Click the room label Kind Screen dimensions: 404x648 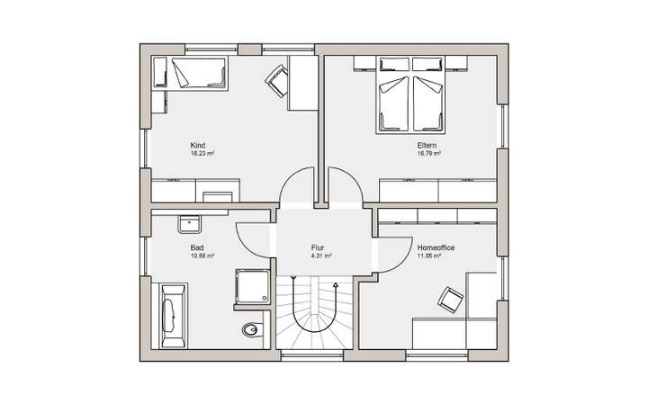point(198,146)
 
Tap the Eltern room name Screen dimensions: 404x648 point(427,146)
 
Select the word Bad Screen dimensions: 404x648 point(196,247)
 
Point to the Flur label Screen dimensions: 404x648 point(318,247)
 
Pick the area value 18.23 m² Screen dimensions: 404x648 point(202,154)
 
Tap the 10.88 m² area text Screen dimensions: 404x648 point(202,256)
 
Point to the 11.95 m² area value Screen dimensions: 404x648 point(429,256)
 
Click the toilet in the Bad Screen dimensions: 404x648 point(251,331)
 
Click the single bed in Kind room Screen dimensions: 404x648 point(195,72)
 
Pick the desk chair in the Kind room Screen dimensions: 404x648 point(276,80)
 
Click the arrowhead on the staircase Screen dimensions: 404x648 point(336,285)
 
